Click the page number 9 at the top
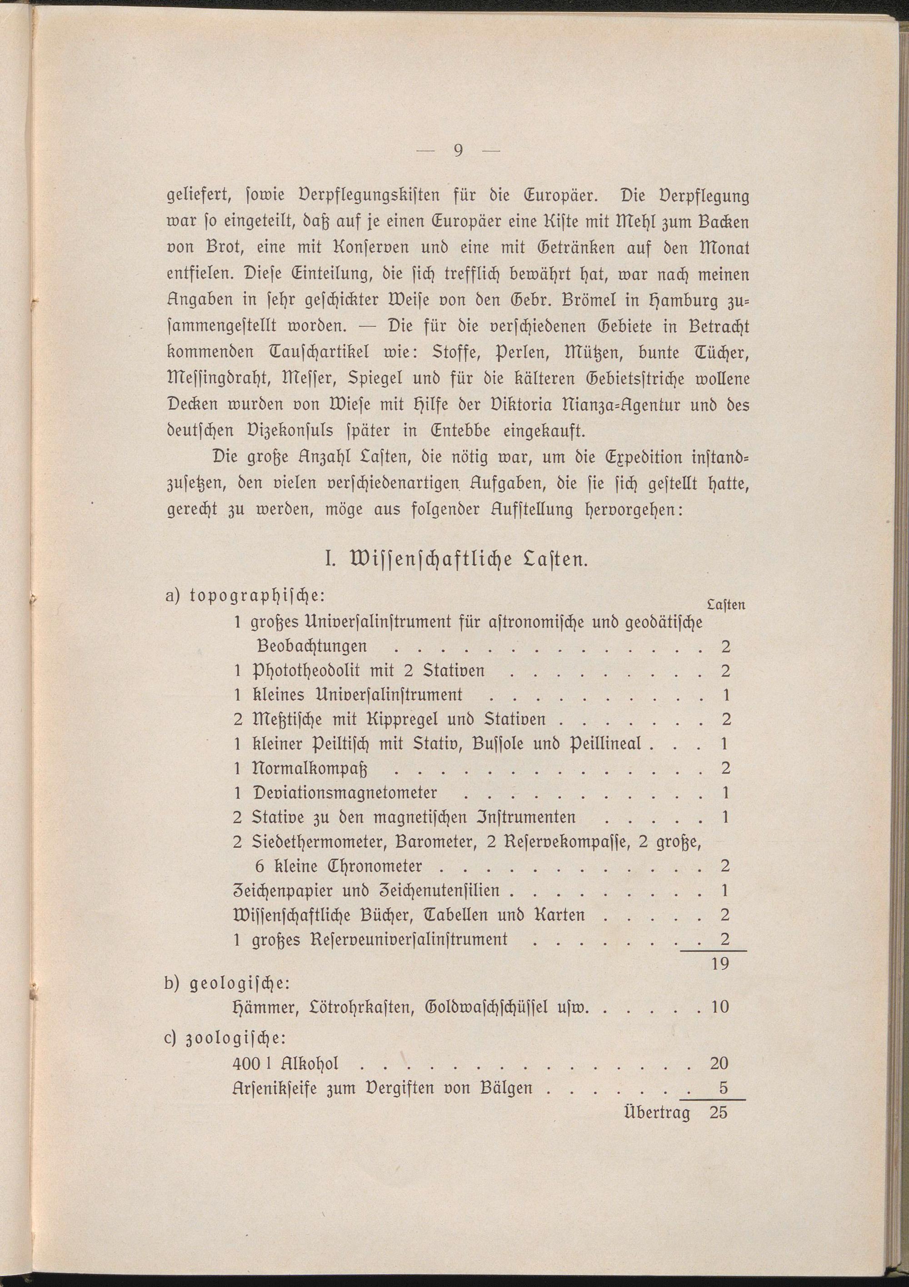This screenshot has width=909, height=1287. click(458, 151)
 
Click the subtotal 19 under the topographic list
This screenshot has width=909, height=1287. click(719, 964)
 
